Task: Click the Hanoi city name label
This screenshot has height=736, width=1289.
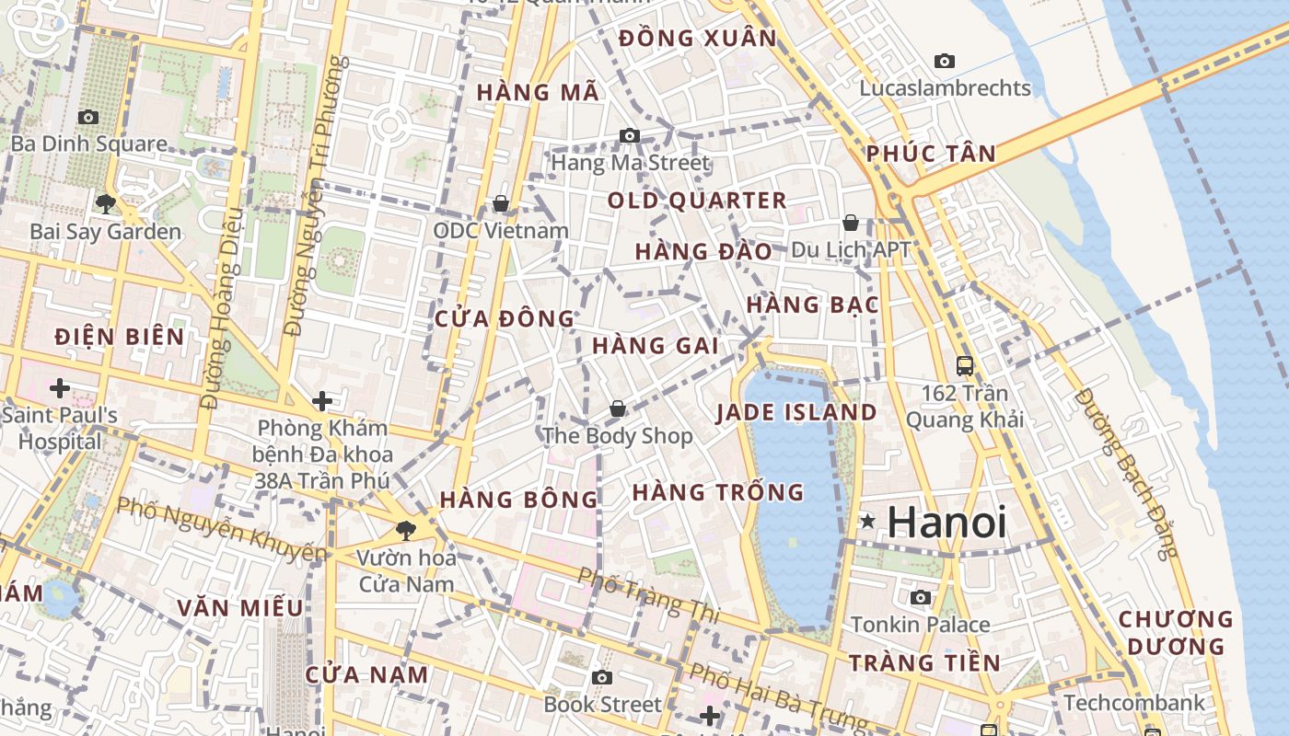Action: point(946,522)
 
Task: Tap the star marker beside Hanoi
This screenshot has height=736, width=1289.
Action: point(866,522)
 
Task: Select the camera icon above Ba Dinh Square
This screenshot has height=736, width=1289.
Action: point(88,117)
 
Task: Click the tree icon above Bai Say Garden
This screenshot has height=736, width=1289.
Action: point(106,203)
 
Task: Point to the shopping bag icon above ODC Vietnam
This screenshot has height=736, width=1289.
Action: point(501,202)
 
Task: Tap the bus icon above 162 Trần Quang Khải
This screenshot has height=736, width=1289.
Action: point(964,365)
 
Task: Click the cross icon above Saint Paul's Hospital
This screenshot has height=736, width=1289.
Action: point(60,388)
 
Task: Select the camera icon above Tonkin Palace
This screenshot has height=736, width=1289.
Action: point(920,597)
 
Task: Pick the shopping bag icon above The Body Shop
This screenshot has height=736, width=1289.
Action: point(617,408)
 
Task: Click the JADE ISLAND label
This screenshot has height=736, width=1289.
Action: point(796,412)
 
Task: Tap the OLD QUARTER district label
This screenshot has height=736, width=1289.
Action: point(697,201)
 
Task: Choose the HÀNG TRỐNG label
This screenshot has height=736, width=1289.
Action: point(718,492)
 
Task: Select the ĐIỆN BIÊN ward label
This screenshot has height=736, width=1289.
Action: point(120,337)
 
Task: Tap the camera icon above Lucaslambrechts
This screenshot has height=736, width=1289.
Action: point(944,62)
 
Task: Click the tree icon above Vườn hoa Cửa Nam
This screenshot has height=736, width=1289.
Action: point(404,530)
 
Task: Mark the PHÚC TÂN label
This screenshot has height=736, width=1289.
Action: point(931,154)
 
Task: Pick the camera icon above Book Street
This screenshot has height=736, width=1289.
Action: point(602,678)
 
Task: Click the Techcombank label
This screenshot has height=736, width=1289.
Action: point(1133,703)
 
